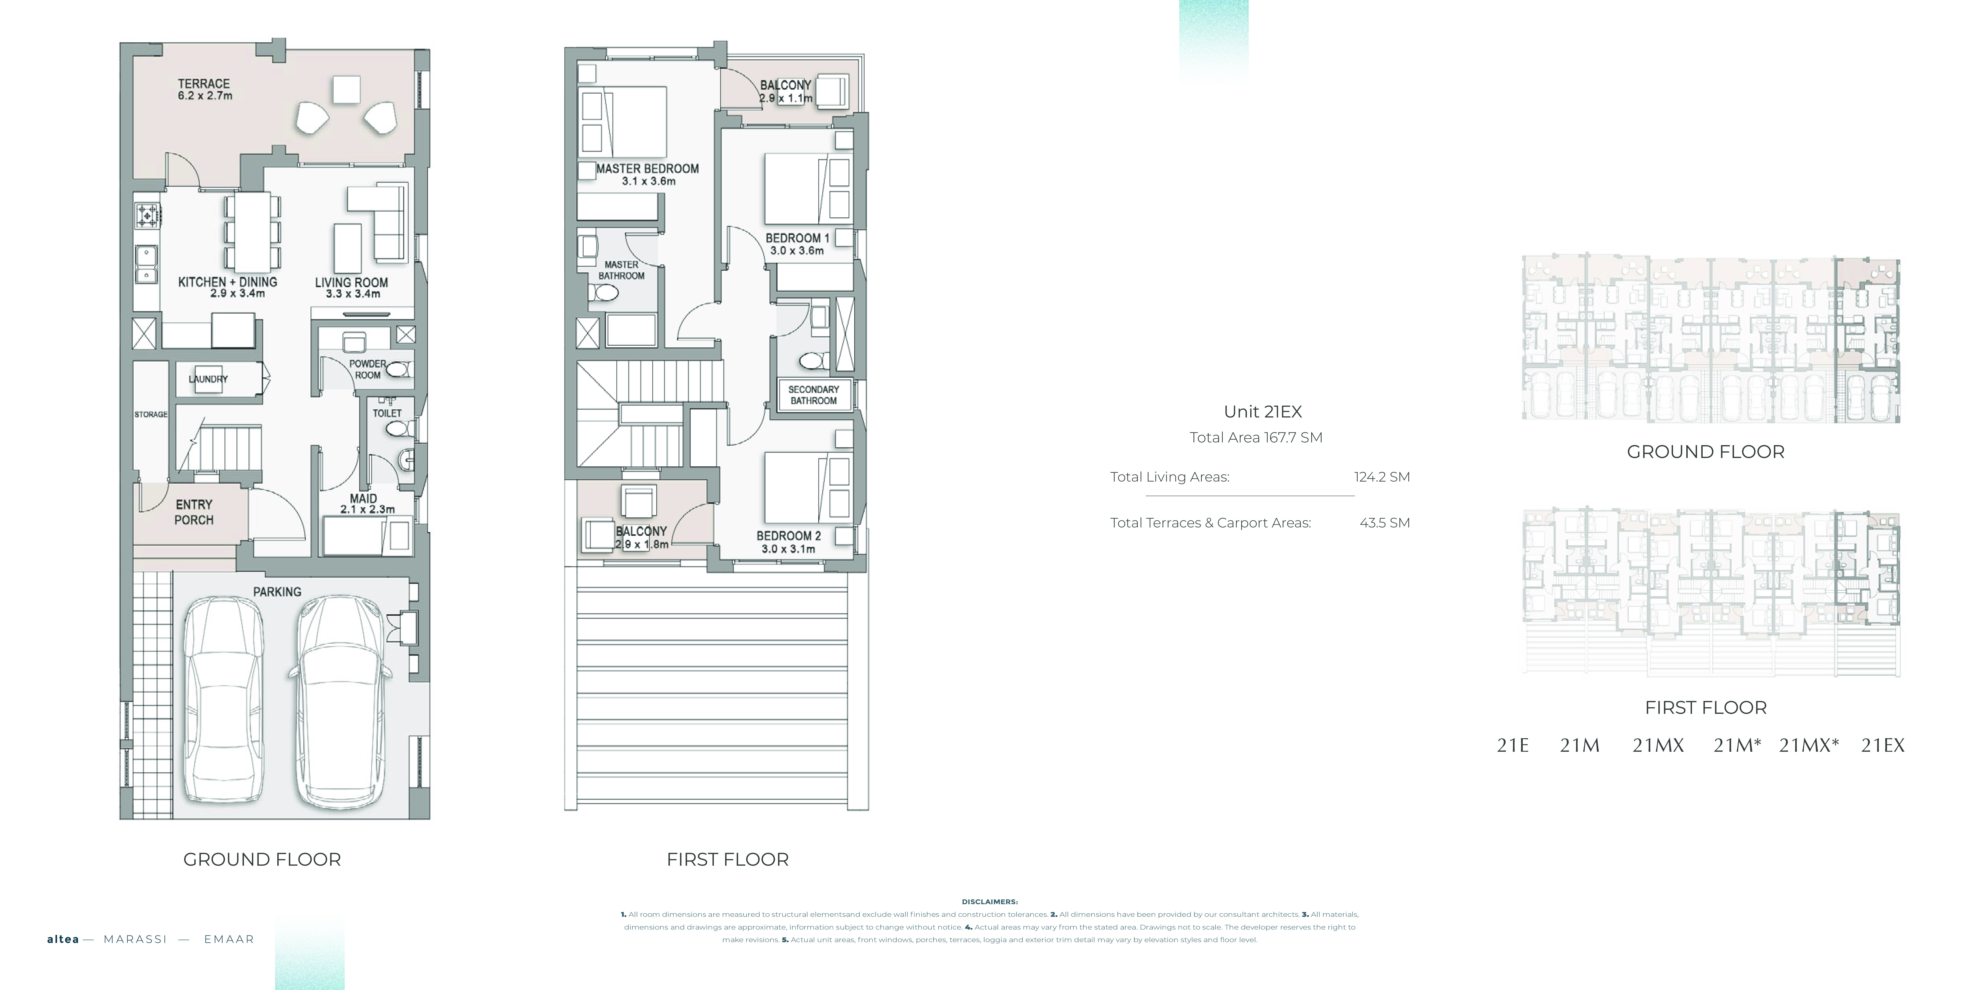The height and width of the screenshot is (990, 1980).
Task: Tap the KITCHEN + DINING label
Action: [228, 282]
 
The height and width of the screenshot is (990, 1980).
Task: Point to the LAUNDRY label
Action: [208, 379]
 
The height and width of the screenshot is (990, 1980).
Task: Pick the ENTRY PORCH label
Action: [194, 512]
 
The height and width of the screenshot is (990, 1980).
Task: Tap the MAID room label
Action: [364, 498]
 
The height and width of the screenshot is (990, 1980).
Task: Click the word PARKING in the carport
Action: [277, 592]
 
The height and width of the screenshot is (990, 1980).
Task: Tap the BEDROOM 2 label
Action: [789, 536]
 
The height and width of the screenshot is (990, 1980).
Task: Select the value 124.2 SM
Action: [1382, 477]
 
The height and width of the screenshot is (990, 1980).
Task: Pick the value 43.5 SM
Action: [1385, 523]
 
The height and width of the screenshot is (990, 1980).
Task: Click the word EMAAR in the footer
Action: [229, 939]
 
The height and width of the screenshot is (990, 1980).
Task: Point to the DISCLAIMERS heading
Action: [990, 902]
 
